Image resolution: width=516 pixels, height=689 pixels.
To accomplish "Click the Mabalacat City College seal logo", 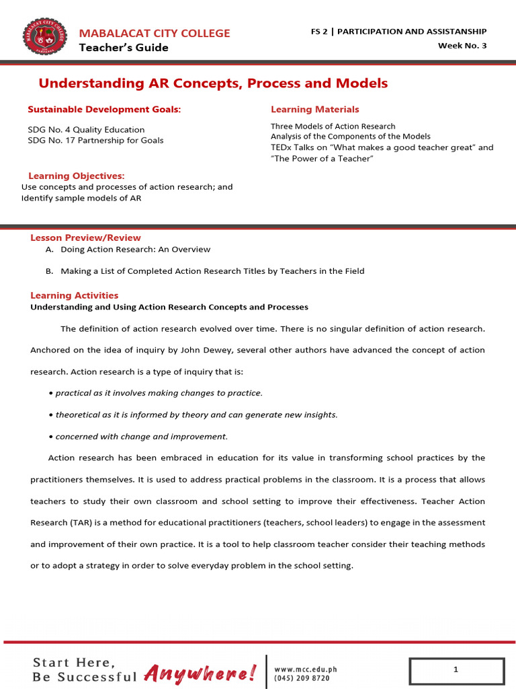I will pos(45,37).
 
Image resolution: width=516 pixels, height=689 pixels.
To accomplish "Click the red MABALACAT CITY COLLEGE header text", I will pos(155,33).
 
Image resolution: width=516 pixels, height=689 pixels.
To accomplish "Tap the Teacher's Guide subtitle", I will pos(124,48).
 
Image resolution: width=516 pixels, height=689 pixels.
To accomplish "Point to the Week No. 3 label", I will pos(462,45).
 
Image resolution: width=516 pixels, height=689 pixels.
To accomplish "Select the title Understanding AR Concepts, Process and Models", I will pos(213,83).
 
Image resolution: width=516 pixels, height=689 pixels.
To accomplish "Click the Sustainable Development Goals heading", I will pos(104,109).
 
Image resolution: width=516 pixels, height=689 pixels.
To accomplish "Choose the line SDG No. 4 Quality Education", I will pos(85,129).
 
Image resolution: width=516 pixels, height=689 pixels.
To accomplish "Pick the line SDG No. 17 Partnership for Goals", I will pos(95,140).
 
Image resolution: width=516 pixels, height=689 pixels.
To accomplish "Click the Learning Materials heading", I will pos(314,109).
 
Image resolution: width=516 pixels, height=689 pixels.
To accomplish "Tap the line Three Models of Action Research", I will pos(333,126).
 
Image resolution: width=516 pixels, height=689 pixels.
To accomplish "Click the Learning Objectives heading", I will pos(76,176).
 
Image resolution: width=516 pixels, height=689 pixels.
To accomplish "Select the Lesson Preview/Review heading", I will pos(85,238).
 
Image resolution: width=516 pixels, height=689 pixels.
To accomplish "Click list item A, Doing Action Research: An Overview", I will pos(135,249).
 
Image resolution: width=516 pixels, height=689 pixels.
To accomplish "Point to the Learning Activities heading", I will pos(74,295).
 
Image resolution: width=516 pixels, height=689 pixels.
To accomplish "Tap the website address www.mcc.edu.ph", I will pos(305,669).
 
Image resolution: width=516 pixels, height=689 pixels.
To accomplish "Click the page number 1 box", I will pos(456,670).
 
